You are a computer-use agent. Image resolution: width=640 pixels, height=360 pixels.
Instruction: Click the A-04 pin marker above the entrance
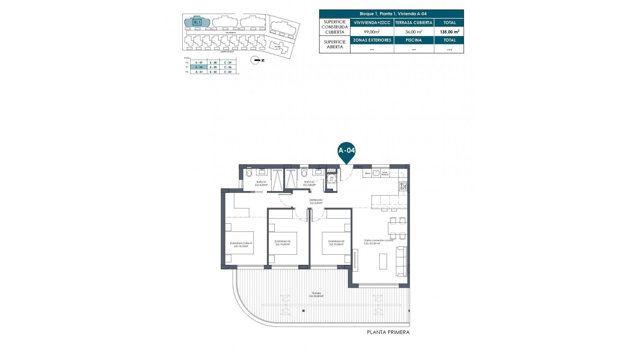(347, 151)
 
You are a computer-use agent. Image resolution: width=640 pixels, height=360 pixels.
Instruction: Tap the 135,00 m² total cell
(449, 32)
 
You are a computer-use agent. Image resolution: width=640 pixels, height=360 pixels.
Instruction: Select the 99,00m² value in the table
(372, 32)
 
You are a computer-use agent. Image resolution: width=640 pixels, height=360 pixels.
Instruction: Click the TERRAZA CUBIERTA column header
(414, 23)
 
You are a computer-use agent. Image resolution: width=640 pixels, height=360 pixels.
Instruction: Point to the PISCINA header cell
(414, 40)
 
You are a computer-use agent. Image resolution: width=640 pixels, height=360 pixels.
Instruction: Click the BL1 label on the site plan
(197, 22)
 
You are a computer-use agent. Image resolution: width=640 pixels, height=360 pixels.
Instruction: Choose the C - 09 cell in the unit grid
(228, 63)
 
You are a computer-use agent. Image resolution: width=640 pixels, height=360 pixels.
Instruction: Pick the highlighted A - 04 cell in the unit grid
(199, 67)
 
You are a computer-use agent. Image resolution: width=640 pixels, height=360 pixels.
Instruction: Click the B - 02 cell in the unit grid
(213, 72)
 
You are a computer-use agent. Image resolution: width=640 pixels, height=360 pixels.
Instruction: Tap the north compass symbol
(256, 60)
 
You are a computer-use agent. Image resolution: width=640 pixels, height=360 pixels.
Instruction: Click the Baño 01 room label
(261, 182)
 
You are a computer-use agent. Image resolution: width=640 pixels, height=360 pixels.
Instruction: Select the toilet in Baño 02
(304, 173)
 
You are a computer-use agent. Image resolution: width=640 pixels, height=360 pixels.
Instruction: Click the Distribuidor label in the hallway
(316, 200)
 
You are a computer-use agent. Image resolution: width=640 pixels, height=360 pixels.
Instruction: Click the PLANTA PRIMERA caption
(388, 332)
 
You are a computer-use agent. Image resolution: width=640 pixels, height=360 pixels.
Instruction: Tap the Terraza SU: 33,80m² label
(316, 294)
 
